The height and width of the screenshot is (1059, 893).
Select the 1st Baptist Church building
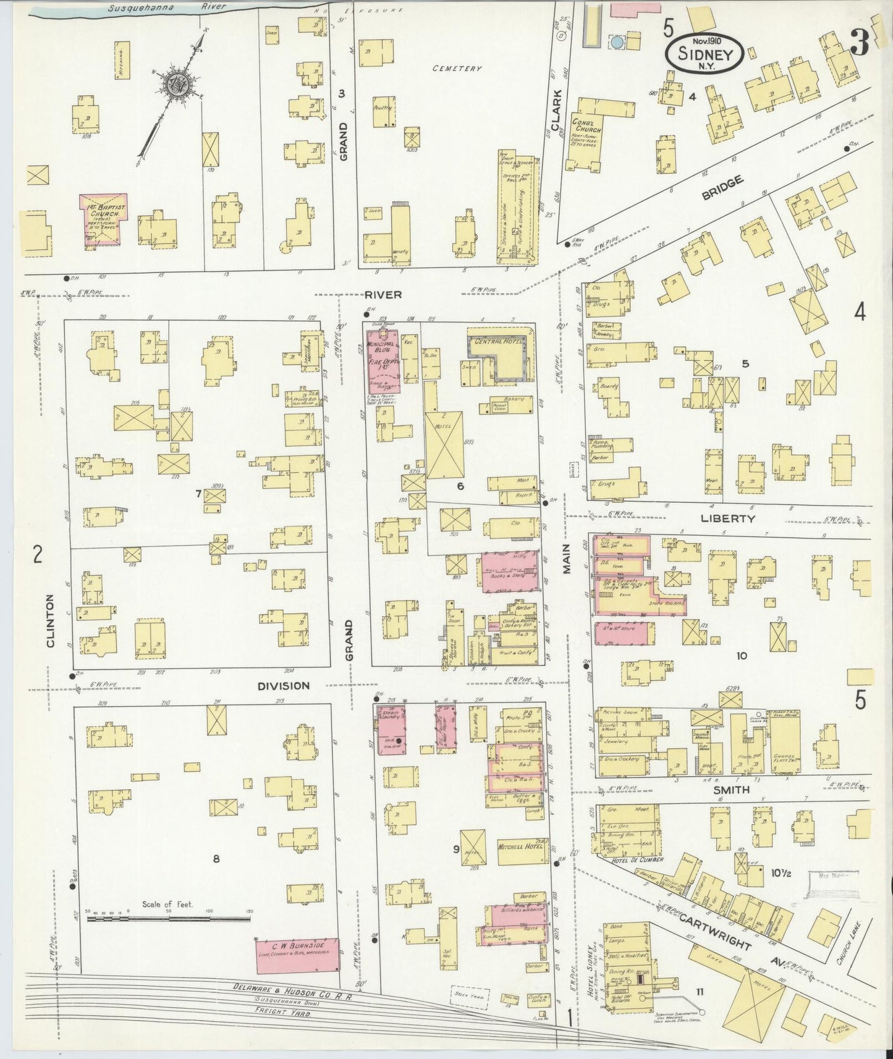[104, 220]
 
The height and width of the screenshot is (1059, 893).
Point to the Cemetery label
[456, 69]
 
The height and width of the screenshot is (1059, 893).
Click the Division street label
[283, 686]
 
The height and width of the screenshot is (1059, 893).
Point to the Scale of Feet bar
[169, 919]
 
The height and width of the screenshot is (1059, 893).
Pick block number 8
[216, 858]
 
